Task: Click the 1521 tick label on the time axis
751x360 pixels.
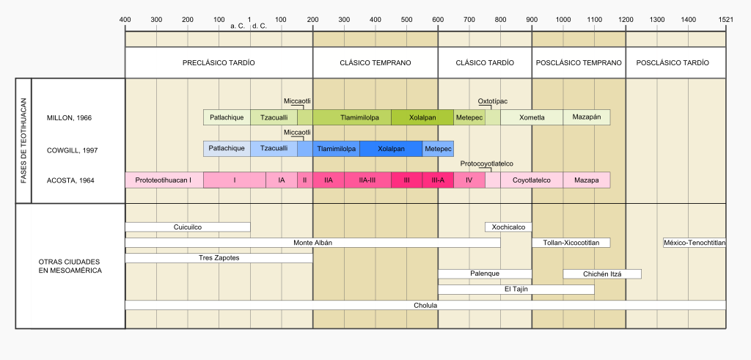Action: click(725, 18)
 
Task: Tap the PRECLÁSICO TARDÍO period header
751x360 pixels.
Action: click(219, 63)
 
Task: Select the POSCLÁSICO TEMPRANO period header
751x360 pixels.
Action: click(579, 63)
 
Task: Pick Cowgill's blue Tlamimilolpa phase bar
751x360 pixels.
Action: click(337, 149)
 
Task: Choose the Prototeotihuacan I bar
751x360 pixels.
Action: click(164, 180)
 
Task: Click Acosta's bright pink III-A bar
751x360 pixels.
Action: click(438, 180)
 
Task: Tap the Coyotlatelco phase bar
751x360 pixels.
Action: click(532, 180)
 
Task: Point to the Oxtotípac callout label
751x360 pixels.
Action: click(493, 101)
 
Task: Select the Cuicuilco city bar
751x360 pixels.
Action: click(188, 227)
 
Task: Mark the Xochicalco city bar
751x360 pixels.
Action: click(508, 227)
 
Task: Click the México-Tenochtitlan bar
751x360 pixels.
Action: click(694, 243)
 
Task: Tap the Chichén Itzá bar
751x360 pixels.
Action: click(602, 274)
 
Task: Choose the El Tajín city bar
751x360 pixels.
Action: click(516, 290)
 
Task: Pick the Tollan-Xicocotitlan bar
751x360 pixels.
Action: click(571, 243)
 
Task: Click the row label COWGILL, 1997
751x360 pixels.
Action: click(72, 150)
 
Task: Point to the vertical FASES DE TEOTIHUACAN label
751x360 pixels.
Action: click(23, 140)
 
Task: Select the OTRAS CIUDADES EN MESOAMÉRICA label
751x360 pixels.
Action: click(70, 266)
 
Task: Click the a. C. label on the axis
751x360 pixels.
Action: click(238, 26)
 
